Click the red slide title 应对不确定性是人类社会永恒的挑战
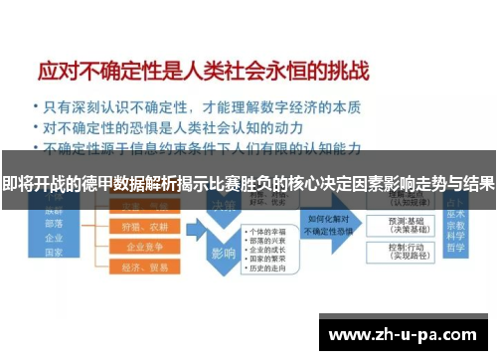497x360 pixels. tap(203, 72)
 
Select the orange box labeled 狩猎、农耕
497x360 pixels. tap(145, 227)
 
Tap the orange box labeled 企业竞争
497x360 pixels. tap(145, 247)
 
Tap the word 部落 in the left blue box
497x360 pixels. tap(54, 224)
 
